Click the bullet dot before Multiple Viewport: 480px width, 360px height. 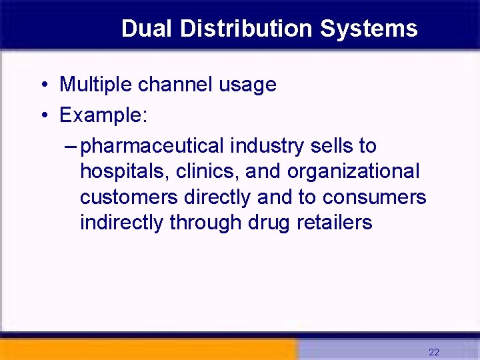point(43,85)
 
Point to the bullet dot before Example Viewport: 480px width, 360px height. point(43,116)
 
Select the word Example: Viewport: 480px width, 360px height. point(103,116)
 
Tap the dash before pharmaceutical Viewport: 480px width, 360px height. point(72,146)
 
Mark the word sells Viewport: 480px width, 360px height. point(335,145)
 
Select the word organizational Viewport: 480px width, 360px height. point(353,172)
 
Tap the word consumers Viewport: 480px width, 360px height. point(374,197)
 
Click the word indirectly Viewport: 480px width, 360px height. point(121,223)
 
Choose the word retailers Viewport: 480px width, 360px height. point(336,223)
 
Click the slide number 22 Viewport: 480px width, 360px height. point(434,352)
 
